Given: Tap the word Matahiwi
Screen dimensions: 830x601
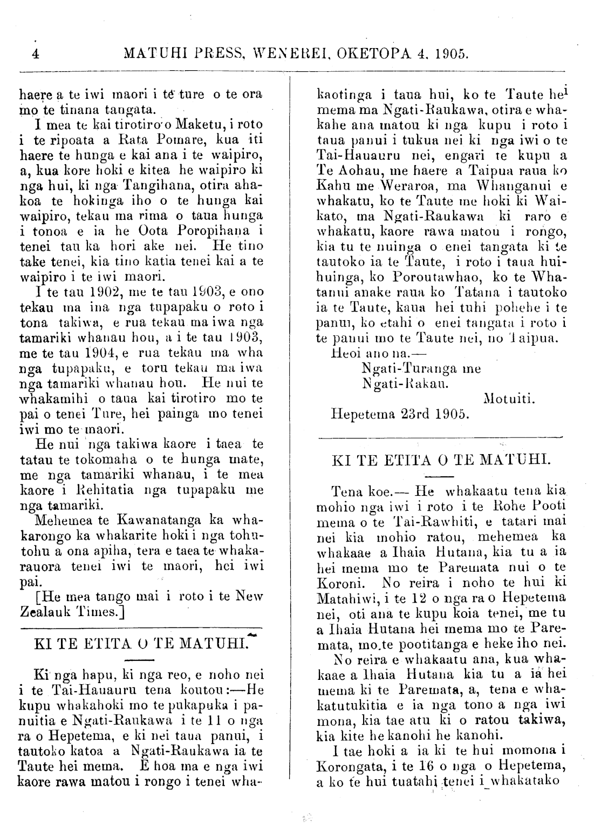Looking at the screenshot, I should click(341, 598).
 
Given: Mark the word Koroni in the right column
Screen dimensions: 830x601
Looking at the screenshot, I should click(335, 583).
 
